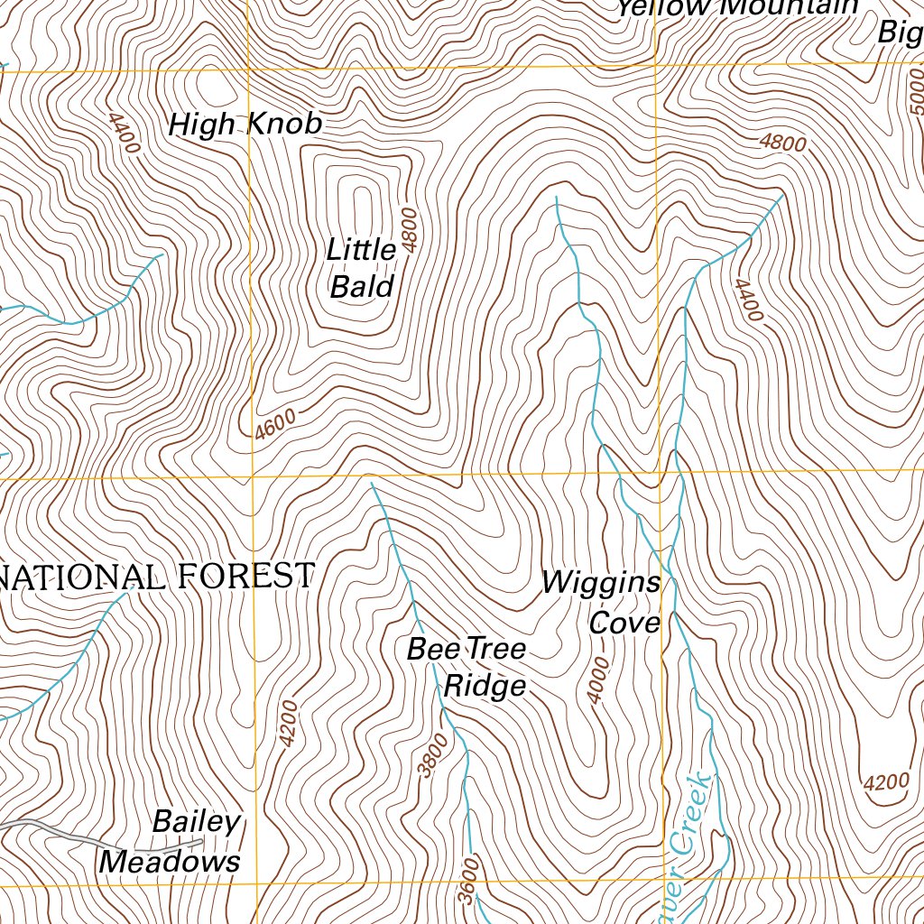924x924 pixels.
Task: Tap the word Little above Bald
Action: [361, 250]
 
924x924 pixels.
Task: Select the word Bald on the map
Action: [362, 287]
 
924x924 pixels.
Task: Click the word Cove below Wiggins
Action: [624, 623]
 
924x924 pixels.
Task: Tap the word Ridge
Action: [485, 686]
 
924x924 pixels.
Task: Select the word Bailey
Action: [196, 822]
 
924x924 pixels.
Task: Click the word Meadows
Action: [170, 862]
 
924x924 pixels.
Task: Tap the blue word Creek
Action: [691, 812]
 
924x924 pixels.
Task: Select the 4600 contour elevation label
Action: [274, 423]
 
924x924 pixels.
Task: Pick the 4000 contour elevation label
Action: [598, 680]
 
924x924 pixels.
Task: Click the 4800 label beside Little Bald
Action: [411, 230]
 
